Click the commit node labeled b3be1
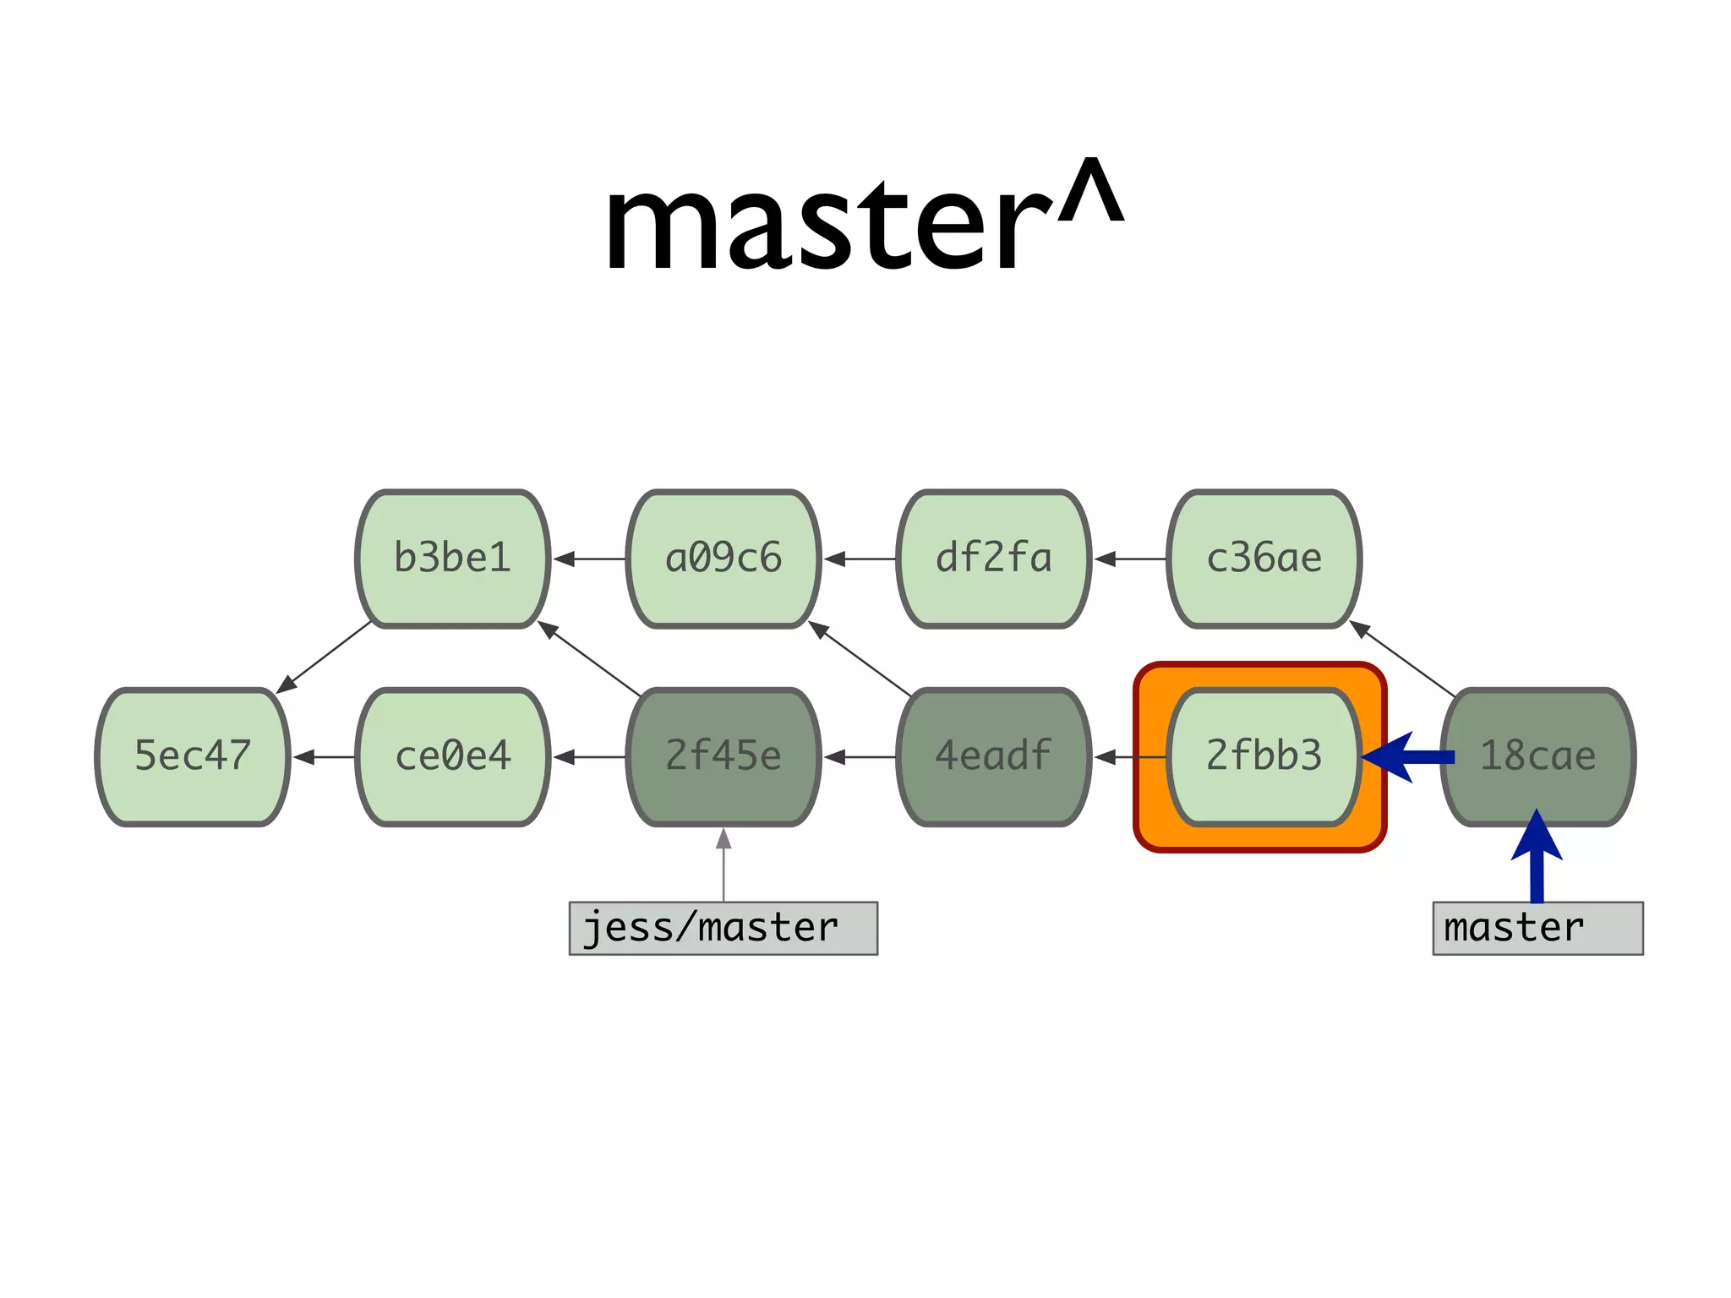tap(453, 559)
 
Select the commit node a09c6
tap(724, 559)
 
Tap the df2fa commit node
tap(994, 559)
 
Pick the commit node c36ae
tap(1264, 559)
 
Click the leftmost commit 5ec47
tap(193, 756)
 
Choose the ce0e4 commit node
tap(453, 756)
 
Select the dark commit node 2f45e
tap(724, 756)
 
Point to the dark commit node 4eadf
tap(994, 756)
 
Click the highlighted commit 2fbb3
tap(1264, 756)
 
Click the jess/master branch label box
tap(724, 928)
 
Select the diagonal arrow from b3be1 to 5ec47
tap(325, 657)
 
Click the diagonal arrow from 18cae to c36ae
tap(1403, 659)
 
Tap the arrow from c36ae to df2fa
tap(1130, 559)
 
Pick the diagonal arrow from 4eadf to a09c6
tap(860, 659)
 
